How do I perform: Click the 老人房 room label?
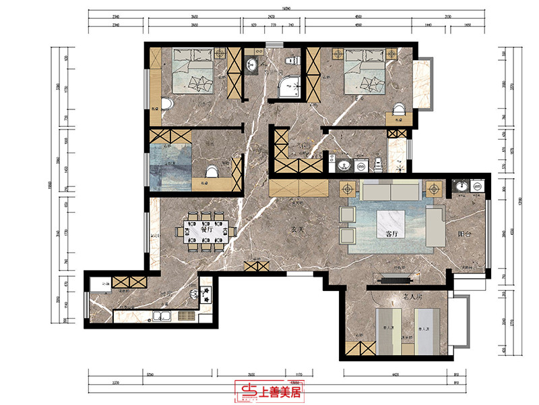click(393, 296)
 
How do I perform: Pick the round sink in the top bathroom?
click(252, 65)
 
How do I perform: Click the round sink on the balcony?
click(462, 186)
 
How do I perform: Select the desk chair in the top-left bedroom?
click(166, 105)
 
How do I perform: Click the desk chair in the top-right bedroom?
click(398, 109)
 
